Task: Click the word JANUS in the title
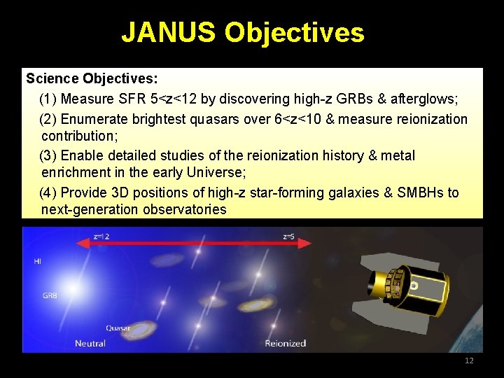pyautogui.click(x=168, y=32)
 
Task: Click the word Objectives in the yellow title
pyautogui.click(x=294, y=32)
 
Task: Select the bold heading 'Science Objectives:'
pyautogui.click(x=92, y=78)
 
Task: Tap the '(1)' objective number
pyautogui.click(x=49, y=98)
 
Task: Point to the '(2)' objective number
pyautogui.click(x=49, y=119)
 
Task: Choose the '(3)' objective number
pyautogui.click(x=49, y=155)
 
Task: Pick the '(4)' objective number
pyautogui.click(x=49, y=192)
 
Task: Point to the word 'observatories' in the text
pyautogui.click(x=185, y=209)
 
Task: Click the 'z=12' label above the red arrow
pyautogui.click(x=101, y=237)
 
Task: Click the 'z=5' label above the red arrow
pyautogui.click(x=288, y=237)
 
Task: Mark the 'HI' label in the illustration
pyautogui.click(x=37, y=261)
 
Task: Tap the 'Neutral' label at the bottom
pyautogui.click(x=90, y=343)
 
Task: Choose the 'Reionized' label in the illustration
pyautogui.click(x=285, y=343)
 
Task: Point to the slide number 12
pyautogui.click(x=469, y=360)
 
